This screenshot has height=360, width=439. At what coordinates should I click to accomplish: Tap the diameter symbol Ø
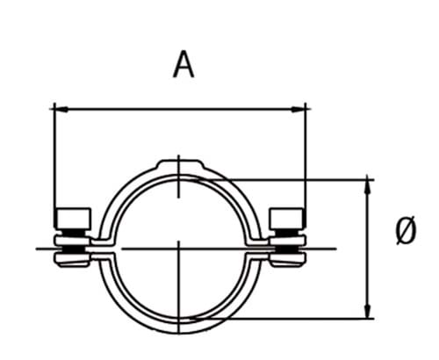pyautogui.click(x=405, y=232)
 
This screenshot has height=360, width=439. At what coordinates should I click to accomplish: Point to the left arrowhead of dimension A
pyautogui.click(x=59, y=109)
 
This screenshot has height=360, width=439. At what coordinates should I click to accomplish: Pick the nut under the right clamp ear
pyautogui.click(x=288, y=257)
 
